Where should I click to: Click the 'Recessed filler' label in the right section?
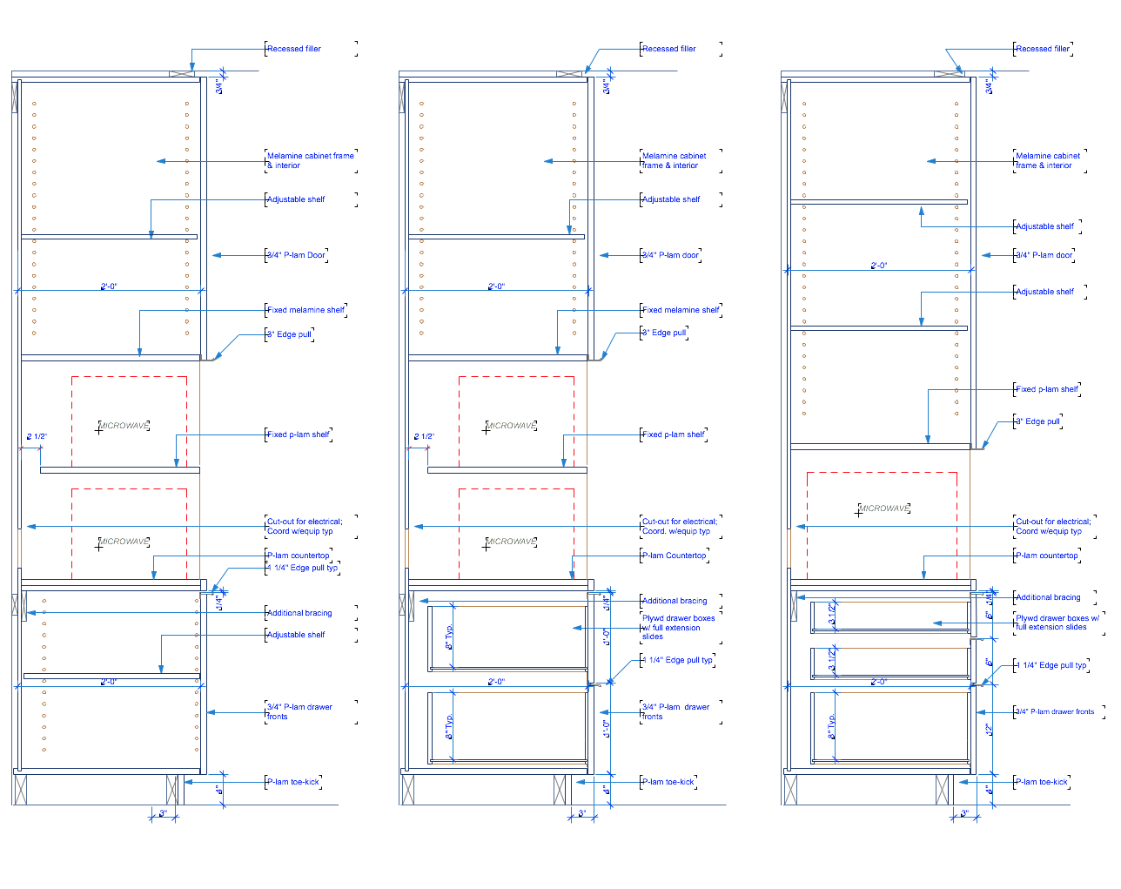pyautogui.click(x=1043, y=49)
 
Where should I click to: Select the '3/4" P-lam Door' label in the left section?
pyautogui.click(x=296, y=255)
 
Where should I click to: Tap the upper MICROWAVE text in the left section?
pyautogui.click(x=124, y=426)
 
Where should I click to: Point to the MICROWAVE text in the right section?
pyautogui.click(x=884, y=508)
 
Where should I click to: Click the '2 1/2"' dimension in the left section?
pyautogui.click(x=37, y=436)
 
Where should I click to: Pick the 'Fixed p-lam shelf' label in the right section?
pyautogui.click(x=1047, y=389)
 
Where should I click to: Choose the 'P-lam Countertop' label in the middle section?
pyautogui.click(x=674, y=556)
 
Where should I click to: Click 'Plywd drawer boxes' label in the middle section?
pyautogui.click(x=678, y=618)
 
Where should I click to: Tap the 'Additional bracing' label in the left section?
pyautogui.click(x=299, y=613)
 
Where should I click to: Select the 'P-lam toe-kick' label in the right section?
pyautogui.click(x=1042, y=782)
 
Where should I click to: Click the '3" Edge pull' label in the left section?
pyautogui.click(x=289, y=334)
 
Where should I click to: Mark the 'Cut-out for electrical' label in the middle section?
pyautogui.click(x=680, y=522)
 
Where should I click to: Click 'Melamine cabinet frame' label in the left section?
pyautogui.click(x=310, y=156)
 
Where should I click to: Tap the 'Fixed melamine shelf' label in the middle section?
pyautogui.click(x=681, y=310)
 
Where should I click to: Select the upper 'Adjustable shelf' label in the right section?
pyautogui.click(x=1044, y=226)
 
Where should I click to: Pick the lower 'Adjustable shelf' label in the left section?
pyautogui.click(x=296, y=635)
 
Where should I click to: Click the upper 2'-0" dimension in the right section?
pyautogui.click(x=879, y=266)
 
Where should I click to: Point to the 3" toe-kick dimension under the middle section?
pyautogui.click(x=582, y=814)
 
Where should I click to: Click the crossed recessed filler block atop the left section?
pyautogui.click(x=181, y=74)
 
